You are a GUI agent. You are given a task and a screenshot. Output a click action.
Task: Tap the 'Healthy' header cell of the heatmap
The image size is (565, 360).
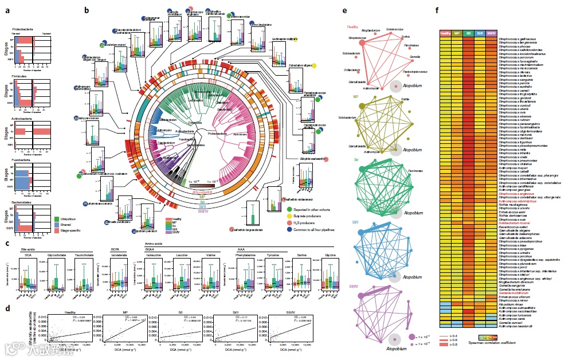coord(445,33)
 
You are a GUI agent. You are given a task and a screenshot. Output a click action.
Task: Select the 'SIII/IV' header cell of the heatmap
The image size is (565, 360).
coord(492,33)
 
